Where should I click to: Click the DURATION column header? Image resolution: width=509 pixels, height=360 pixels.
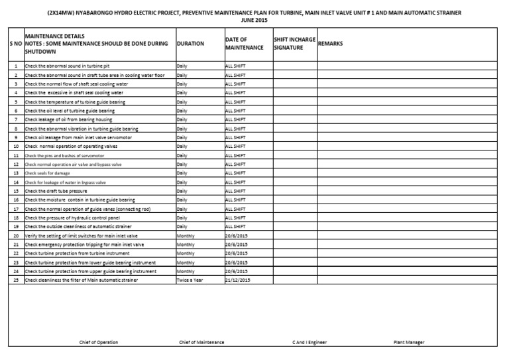(191, 44)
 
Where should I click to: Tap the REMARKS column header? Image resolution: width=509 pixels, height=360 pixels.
(331, 44)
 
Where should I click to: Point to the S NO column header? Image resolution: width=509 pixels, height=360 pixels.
(15, 44)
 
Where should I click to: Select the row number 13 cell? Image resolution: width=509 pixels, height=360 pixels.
(15, 172)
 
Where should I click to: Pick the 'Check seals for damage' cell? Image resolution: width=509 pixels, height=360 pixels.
(47, 172)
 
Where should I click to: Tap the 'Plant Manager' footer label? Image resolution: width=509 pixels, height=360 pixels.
(409, 342)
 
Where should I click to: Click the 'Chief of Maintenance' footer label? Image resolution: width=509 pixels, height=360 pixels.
(201, 342)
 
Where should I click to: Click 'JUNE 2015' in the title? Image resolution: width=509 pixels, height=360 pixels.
(254, 20)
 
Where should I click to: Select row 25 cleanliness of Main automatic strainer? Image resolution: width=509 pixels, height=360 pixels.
(81, 280)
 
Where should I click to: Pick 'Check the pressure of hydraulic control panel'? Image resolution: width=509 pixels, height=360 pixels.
(72, 217)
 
